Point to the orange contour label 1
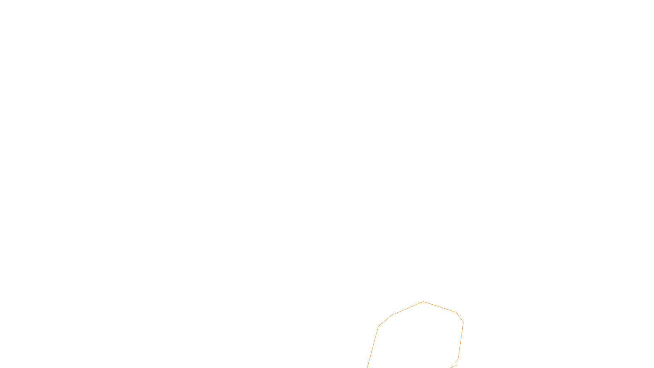tap(456, 364)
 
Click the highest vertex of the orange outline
tap(423, 302)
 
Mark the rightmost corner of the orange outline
tap(463, 322)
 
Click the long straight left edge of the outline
tap(373, 347)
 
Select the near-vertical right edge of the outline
tap(461, 339)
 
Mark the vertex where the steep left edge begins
tap(379, 326)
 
